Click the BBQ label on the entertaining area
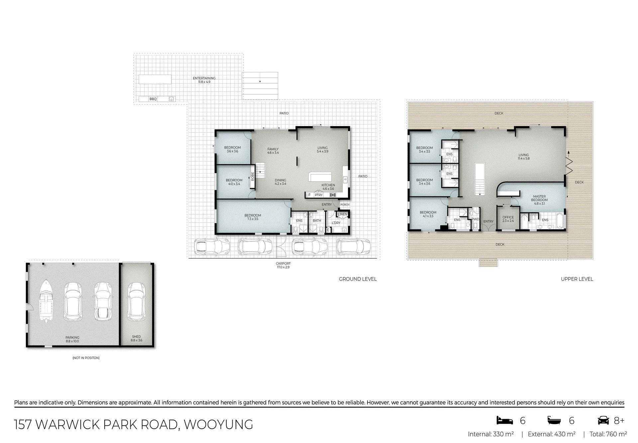153,99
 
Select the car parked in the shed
136,302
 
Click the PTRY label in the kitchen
319,195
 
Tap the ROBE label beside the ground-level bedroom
253,176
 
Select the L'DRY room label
336,223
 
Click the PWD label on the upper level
476,219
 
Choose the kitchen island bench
320,177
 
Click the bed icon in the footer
505,420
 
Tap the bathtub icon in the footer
554,420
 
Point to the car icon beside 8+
603,420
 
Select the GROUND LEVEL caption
358,279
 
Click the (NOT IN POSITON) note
86,358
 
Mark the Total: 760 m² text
608,434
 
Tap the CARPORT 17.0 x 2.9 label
283,265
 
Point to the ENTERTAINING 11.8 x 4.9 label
204,80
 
